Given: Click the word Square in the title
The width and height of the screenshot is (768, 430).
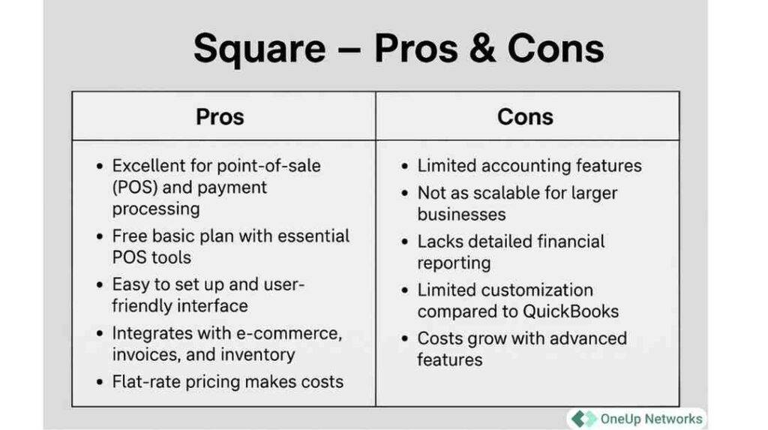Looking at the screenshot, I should [x=259, y=50].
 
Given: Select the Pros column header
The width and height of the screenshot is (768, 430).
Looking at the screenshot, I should [x=220, y=117].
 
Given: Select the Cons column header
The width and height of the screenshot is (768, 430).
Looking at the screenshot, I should [x=525, y=117].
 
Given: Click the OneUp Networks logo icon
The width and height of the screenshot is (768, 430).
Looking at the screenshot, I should [x=583, y=419].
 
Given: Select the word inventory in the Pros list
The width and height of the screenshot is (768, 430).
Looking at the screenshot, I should [x=259, y=354].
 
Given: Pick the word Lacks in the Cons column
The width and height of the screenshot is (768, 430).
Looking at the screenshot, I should [x=439, y=242].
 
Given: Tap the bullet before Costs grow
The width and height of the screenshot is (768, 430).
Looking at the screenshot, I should [x=406, y=339].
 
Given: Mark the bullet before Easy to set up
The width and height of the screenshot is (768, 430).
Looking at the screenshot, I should [x=100, y=286].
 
